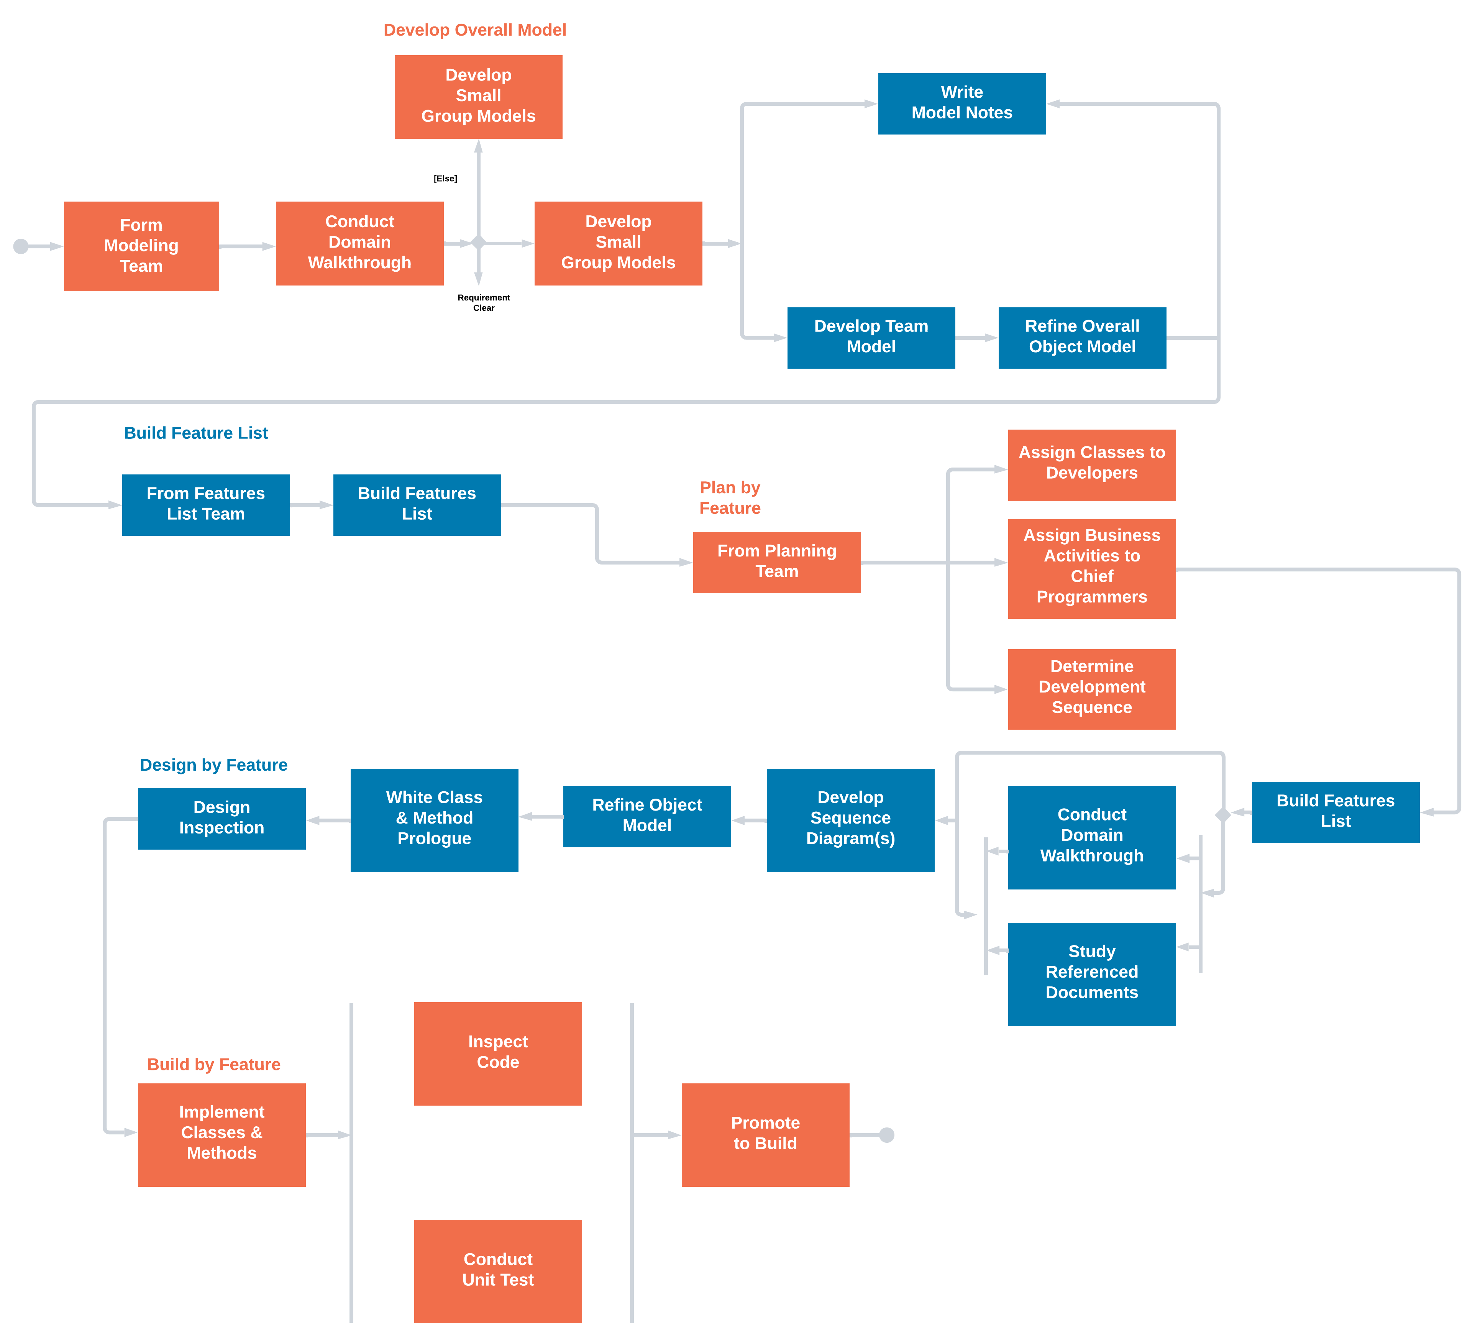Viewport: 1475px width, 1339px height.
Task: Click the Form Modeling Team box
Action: [x=141, y=246]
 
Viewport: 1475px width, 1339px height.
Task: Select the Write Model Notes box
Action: [x=961, y=103]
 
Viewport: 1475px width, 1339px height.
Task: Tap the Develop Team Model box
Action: [x=871, y=337]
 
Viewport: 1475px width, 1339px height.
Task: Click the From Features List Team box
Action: [x=205, y=504]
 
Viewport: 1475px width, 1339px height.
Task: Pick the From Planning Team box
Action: [x=776, y=562]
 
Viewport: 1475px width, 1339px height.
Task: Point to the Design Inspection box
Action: [x=221, y=818]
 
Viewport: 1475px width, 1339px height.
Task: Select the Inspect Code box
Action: [x=497, y=1053]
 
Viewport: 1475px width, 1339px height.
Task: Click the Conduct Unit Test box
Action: [x=497, y=1270]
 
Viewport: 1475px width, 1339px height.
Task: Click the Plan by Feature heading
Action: [x=729, y=497]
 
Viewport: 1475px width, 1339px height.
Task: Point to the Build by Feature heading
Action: [x=213, y=1064]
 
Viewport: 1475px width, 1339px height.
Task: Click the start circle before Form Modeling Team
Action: [x=21, y=246]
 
